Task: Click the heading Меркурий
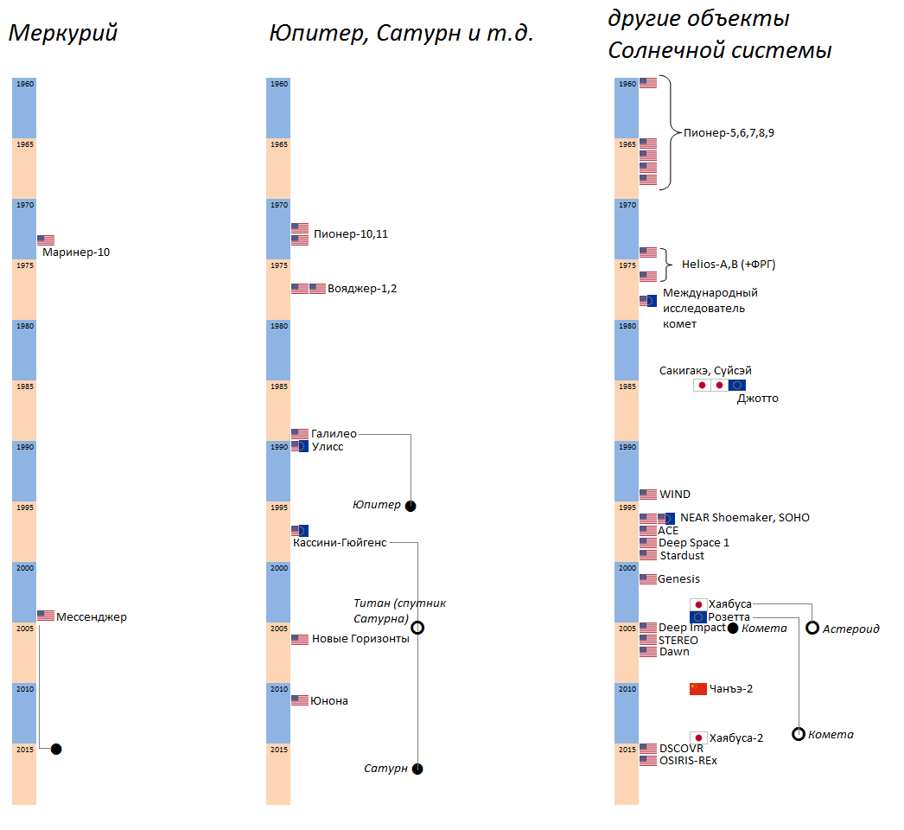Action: [x=62, y=34]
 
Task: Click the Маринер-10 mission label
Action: [x=76, y=252]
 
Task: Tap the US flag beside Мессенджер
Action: [x=46, y=616]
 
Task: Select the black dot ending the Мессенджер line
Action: [x=56, y=749]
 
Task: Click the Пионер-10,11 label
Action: [x=351, y=233]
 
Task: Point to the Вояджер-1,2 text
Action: [x=362, y=289]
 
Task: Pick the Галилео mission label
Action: [x=334, y=433]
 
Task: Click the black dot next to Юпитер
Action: [x=411, y=506]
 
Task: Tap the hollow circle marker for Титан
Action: [x=417, y=628]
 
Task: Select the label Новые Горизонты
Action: [x=360, y=639]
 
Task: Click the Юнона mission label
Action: [x=329, y=700]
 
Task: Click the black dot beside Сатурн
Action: [x=417, y=769]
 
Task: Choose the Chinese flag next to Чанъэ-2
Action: [x=698, y=689]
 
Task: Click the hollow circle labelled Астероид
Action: [x=812, y=628]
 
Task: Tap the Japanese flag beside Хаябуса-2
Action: [x=698, y=737]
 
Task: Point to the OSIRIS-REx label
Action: [x=688, y=761]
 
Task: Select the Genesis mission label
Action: [x=678, y=579]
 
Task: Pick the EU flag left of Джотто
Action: [x=736, y=385]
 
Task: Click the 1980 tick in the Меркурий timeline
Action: [x=24, y=326]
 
